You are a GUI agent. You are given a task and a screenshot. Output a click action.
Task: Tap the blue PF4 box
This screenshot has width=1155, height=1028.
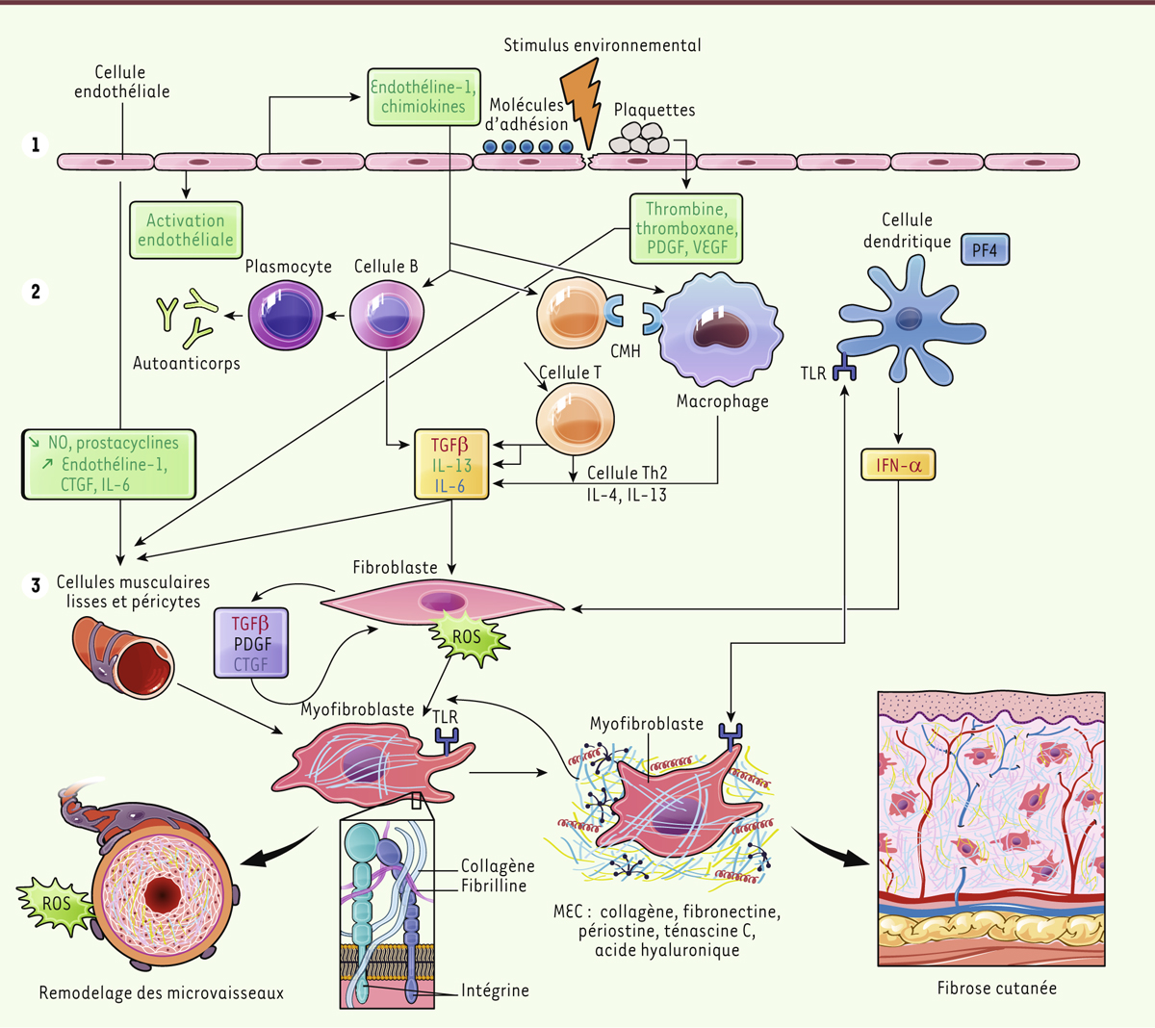(985, 250)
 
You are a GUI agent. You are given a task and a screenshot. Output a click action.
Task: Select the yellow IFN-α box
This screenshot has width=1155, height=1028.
(898, 466)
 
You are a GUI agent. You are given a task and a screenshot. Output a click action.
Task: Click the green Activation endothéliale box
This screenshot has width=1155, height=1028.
(185, 230)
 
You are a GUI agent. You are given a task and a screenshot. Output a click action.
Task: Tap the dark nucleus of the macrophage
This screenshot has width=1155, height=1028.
(719, 329)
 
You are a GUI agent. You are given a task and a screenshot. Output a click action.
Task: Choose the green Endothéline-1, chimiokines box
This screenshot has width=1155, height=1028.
(423, 97)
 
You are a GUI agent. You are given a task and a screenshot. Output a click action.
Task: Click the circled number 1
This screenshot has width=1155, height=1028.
(36, 145)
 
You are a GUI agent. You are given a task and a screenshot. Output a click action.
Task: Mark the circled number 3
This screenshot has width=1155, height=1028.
(36, 584)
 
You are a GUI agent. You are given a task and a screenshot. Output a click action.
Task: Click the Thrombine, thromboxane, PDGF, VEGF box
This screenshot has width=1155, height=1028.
(686, 229)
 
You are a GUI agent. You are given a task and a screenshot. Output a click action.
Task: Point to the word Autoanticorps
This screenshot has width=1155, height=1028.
(187, 364)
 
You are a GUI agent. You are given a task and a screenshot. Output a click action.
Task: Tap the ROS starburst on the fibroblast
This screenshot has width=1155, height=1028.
(467, 637)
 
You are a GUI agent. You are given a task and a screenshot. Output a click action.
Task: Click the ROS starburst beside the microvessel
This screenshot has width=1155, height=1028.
(55, 904)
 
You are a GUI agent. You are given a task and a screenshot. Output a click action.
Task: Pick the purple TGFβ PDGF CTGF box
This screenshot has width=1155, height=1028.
(252, 643)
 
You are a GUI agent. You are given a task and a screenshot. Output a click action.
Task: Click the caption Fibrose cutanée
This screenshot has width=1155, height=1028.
(996, 988)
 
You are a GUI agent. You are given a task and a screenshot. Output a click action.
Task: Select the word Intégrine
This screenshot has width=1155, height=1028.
(495, 990)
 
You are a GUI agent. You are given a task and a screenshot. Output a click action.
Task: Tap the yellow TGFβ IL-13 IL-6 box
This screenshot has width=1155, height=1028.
(450, 465)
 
